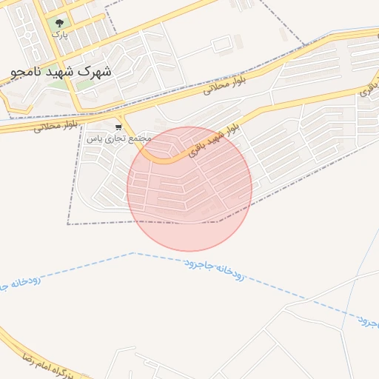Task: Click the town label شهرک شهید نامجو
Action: click(x=61, y=73)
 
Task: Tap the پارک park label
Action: click(x=58, y=33)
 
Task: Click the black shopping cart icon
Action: click(x=118, y=127)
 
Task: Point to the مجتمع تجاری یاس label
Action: click(x=118, y=138)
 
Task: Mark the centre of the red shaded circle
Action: click(x=189, y=189)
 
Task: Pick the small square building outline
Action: click(x=221, y=45)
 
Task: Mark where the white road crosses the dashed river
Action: click(x=305, y=300)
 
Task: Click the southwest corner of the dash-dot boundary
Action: click(x=68, y=224)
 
